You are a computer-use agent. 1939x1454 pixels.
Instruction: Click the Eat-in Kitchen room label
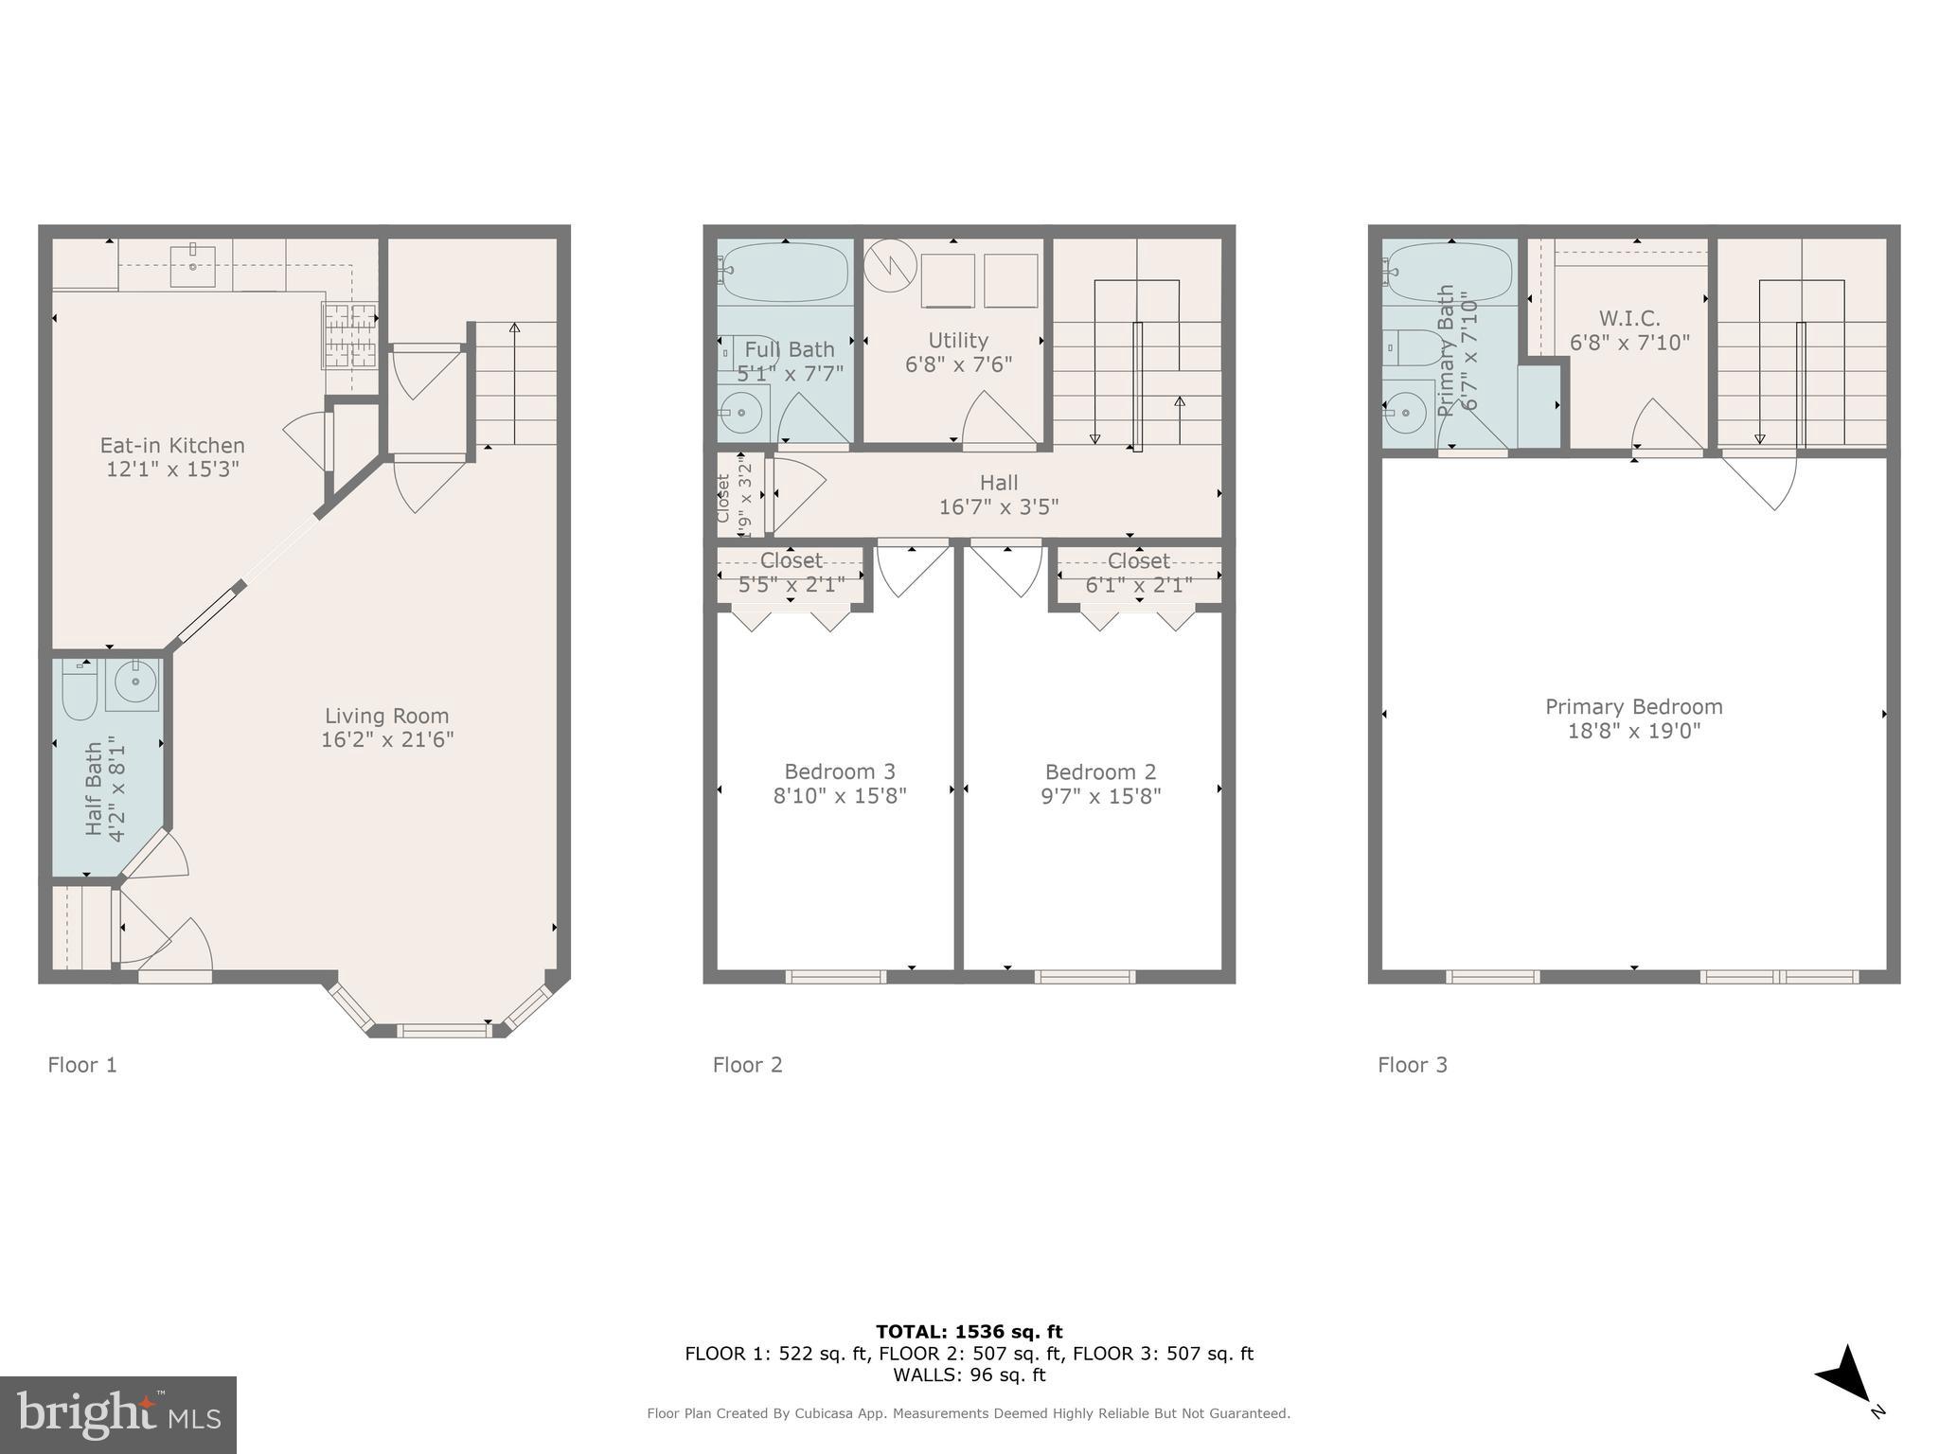172,445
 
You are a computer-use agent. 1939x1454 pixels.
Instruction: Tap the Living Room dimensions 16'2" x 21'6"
387,739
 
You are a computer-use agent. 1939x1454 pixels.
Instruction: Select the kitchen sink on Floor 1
192,264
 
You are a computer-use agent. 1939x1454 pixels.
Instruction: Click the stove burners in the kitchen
349,335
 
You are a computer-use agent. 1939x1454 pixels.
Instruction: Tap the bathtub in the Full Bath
784,272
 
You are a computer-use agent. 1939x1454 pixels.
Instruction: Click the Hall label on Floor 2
998,483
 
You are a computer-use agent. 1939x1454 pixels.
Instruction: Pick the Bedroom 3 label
839,771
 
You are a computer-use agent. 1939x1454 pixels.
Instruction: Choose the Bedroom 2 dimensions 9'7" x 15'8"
1100,796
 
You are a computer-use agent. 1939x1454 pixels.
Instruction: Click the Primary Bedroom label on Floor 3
1633,706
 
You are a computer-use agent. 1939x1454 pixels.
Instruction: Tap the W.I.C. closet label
1628,318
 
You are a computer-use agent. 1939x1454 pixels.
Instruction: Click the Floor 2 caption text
747,1065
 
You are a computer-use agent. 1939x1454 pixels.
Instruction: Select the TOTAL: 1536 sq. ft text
969,1332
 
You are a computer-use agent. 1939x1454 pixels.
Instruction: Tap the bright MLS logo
118,1414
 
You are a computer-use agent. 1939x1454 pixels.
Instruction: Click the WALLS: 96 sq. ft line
969,1374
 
